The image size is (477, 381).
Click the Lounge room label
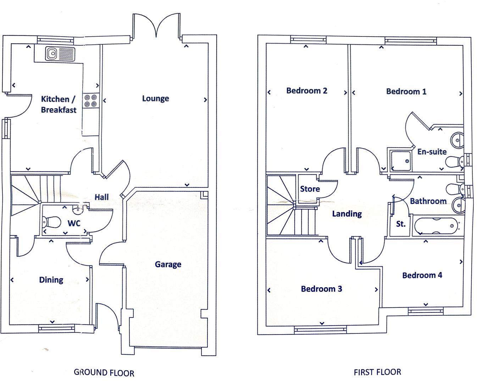pyautogui.click(x=155, y=98)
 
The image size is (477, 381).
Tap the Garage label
pyautogui.click(x=168, y=264)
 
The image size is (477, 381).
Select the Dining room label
pyautogui.click(x=51, y=280)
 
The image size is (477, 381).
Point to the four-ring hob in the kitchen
pyautogui.click(x=90, y=100)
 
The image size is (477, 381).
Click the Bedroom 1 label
pyautogui.click(x=406, y=92)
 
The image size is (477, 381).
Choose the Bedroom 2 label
pyautogui.click(x=306, y=91)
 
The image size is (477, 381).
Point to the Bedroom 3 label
pyautogui.click(x=321, y=289)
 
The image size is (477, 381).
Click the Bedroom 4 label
pyautogui.click(x=422, y=275)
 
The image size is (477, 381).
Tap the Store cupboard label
pyautogui.click(x=310, y=189)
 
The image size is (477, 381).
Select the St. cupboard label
pyautogui.click(x=400, y=224)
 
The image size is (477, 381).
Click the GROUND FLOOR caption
pyautogui.click(x=104, y=372)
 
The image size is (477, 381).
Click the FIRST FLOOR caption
pyautogui.click(x=377, y=372)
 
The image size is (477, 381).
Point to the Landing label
pyautogui.click(x=346, y=214)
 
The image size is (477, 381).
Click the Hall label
pyautogui.click(x=101, y=197)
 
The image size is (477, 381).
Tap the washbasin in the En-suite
pyautogui.click(x=457, y=140)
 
